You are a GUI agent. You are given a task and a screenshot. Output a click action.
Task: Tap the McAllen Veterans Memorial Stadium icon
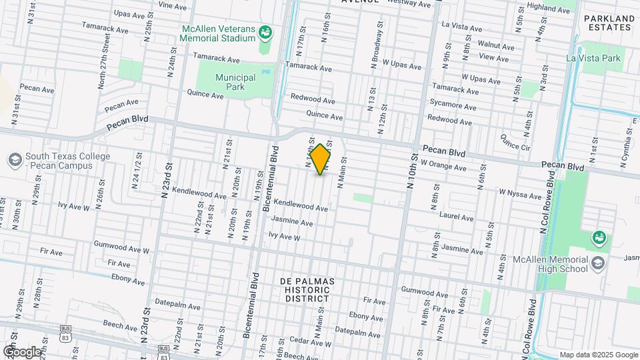(265, 31)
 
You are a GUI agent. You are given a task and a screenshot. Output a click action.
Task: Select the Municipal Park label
(235, 82)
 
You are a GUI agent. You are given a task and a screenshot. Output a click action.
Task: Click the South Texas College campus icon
(15, 160)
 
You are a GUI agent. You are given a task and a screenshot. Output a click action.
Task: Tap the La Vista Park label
(593, 58)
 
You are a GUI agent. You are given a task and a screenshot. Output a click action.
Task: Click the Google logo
(21, 351)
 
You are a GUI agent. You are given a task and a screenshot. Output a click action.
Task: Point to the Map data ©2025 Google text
(598, 355)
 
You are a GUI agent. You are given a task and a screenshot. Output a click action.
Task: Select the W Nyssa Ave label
(521, 193)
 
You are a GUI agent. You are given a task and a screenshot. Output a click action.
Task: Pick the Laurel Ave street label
(457, 217)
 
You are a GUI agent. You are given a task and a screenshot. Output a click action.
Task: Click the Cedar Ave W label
(307, 341)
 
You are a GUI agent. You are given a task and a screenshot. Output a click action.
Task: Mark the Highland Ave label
(550, 9)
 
